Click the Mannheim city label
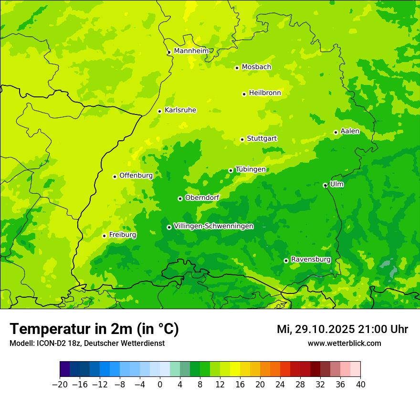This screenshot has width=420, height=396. pos(191,51)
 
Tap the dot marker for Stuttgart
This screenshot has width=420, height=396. pos(242,139)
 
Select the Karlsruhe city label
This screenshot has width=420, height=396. pos(180,110)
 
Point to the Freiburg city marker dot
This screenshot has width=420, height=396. pos(104,236)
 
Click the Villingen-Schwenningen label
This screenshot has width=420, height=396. pos(213,226)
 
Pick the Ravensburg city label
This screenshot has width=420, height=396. pos(310,260)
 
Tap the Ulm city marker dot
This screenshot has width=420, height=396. pos(325,185)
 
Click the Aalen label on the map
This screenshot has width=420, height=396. pos(350,131)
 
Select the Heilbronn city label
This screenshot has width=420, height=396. pos(265,93)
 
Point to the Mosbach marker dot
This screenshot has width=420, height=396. pos(237,68)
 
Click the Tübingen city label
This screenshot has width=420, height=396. pos(251,169)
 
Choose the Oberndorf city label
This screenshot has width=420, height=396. pos(202,198)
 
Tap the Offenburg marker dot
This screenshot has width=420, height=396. pos(115,177)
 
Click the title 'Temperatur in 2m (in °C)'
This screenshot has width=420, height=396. pos(94,329)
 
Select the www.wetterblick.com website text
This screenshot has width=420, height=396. pos(344,344)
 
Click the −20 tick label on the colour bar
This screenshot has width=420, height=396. pos(60,385)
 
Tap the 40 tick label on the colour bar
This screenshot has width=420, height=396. pos(360,385)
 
